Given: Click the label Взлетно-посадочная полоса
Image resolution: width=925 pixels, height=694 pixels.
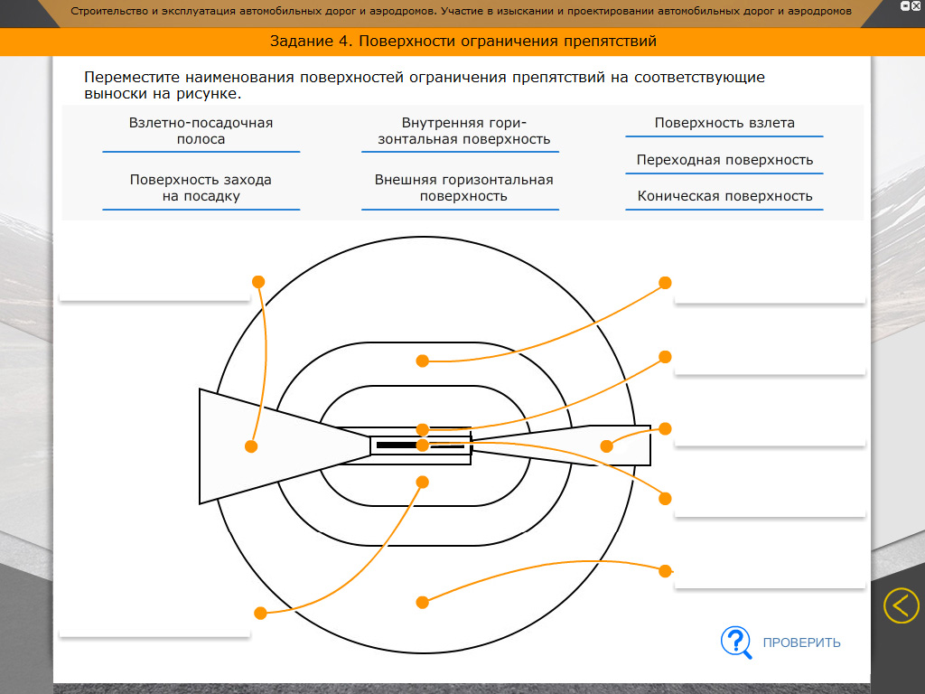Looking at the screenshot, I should [x=201, y=131].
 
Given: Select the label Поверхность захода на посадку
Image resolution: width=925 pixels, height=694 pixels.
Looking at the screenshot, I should [x=201, y=188].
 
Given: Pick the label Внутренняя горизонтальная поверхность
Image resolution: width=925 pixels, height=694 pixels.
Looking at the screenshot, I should [x=464, y=131].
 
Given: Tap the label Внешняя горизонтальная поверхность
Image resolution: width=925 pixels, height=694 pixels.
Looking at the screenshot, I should [x=463, y=188].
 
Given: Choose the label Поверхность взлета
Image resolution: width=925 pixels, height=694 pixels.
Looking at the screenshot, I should [x=724, y=124].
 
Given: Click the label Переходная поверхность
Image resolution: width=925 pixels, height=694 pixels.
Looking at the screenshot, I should [x=724, y=160].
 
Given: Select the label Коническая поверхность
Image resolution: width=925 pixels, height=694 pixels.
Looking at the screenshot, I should [x=724, y=196].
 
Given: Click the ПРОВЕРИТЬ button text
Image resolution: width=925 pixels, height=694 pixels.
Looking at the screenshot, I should [x=801, y=642].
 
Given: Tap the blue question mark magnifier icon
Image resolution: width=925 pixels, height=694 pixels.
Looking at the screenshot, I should [x=735, y=642].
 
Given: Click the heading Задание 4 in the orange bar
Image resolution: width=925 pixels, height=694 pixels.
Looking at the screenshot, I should [x=462, y=42].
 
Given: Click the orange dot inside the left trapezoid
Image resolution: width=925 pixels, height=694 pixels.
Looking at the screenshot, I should [x=251, y=446].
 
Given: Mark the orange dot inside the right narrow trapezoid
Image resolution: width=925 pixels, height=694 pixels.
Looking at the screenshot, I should [x=607, y=445].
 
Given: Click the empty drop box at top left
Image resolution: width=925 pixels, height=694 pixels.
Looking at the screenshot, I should [x=154, y=286].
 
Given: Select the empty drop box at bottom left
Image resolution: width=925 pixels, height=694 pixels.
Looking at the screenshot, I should [x=154, y=624].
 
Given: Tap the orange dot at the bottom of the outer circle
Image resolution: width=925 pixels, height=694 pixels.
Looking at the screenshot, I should [x=422, y=602].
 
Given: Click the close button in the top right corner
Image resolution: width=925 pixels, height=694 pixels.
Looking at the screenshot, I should [x=916, y=6].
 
